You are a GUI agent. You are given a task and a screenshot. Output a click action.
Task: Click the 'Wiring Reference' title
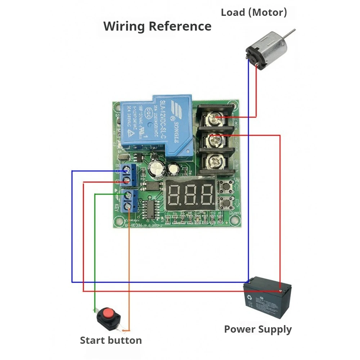coord(157,26)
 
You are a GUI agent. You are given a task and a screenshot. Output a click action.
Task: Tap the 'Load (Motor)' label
coord(254,13)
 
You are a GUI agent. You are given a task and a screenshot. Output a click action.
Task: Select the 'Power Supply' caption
coord(258,329)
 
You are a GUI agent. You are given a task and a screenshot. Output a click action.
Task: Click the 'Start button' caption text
coord(111,340)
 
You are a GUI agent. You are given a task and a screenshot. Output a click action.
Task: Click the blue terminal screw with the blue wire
coord(126,168)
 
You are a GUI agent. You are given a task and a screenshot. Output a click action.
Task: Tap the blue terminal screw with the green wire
coord(127,195)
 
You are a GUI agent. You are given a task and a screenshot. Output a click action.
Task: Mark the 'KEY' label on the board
coord(117,208)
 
